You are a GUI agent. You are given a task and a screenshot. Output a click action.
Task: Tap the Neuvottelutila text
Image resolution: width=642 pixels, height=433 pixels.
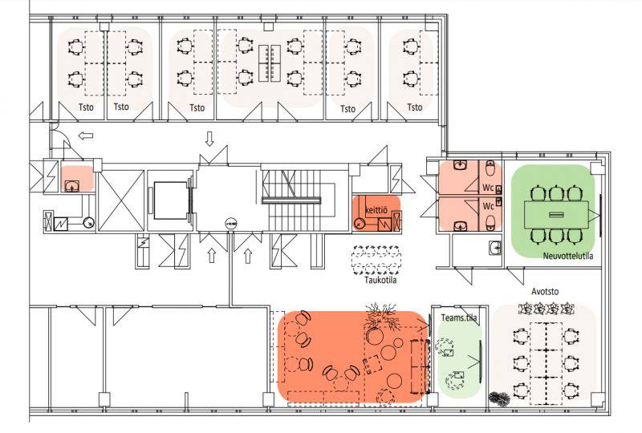(x=568, y=256)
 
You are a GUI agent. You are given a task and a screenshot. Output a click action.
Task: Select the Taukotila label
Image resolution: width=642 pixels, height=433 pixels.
(x=380, y=280)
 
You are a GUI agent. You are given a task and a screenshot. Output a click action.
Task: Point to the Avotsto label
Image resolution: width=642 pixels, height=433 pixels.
(x=545, y=291)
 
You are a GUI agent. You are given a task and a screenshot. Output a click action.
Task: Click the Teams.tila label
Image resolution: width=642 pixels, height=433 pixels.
(x=459, y=318)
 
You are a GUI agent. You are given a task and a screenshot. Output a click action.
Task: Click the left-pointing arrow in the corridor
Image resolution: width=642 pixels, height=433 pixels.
(x=86, y=136)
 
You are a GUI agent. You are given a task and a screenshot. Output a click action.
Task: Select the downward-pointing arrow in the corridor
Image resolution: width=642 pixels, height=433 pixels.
(x=209, y=139)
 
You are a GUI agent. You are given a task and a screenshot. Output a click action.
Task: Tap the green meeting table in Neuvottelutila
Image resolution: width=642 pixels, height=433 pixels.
(x=556, y=214)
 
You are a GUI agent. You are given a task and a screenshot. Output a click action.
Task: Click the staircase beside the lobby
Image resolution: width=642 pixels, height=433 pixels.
(x=298, y=200)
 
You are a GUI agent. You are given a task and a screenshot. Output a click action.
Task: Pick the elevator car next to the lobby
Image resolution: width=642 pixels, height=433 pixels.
(x=169, y=200)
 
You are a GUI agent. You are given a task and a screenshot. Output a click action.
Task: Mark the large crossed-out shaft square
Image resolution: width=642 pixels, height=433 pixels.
(x=122, y=200)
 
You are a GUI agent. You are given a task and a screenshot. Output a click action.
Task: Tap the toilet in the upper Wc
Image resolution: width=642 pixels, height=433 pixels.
(x=490, y=168)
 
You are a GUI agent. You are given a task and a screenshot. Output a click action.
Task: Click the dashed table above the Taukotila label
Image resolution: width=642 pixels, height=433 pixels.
(x=376, y=260)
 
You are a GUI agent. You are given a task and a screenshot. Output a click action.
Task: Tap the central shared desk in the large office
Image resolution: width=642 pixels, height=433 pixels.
(x=270, y=63)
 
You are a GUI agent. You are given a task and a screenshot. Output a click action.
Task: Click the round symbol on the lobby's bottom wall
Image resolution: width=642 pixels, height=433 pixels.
(x=230, y=224)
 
